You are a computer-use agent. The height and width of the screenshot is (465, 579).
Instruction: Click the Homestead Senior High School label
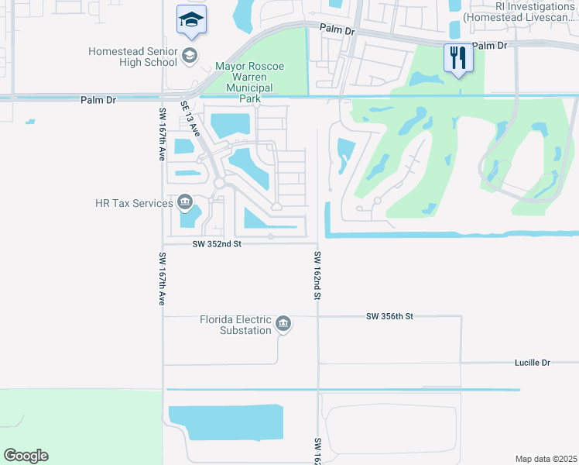point(132,57)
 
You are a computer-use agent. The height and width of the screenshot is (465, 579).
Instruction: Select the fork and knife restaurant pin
point(457,57)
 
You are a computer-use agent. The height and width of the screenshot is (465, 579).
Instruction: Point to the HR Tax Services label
point(133,203)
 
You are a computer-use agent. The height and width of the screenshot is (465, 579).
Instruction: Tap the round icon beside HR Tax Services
point(185,203)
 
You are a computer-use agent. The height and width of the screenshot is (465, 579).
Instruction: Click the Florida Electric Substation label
point(235,325)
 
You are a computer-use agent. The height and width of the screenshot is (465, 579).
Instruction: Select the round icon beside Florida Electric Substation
point(283,324)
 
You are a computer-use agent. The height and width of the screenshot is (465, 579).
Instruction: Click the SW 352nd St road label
point(218,244)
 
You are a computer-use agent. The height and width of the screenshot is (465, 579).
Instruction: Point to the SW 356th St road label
point(391,316)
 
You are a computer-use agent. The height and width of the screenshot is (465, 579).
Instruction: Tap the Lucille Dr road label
point(532,362)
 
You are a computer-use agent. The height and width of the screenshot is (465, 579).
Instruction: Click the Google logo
point(26,456)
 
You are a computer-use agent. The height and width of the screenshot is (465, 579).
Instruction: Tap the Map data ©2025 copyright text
point(546,458)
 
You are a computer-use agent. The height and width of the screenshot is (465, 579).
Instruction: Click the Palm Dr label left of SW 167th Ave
point(97,100)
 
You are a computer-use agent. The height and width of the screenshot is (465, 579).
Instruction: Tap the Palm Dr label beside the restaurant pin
point(489,46)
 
